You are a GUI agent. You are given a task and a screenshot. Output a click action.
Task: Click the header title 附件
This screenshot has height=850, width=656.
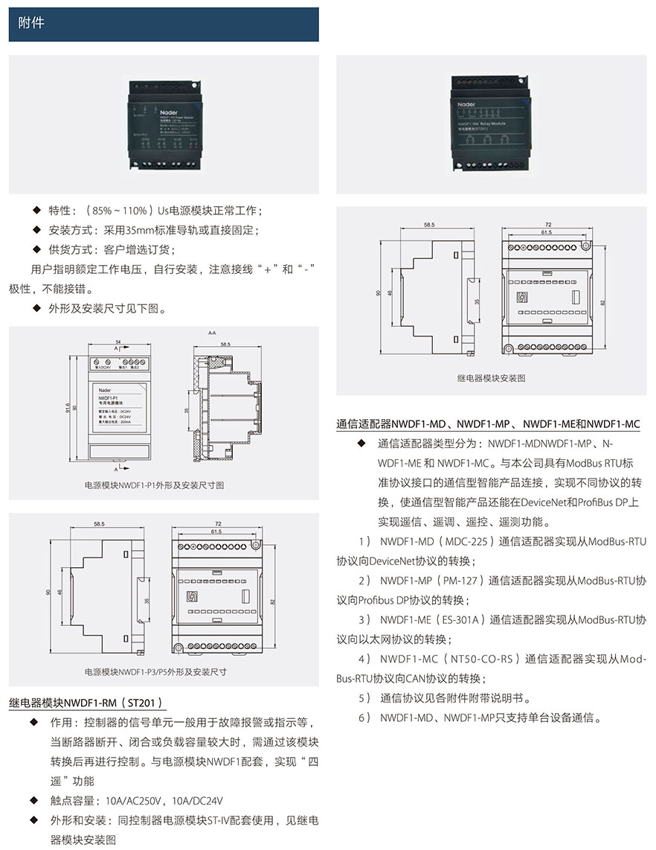click(x=31, y=24)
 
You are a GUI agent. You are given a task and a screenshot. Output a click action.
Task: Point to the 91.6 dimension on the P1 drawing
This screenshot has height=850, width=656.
click(x=68, y=409)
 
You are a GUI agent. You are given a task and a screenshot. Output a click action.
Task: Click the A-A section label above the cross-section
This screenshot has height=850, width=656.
click(x=212, y=333)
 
